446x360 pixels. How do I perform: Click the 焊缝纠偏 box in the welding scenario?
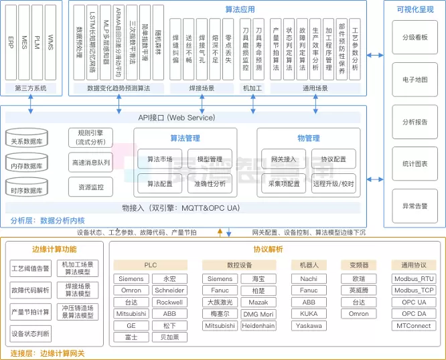[175, 50]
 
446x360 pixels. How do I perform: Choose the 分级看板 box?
[415, 37]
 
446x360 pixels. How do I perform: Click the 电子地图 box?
[415, 80]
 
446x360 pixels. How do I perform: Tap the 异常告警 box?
[415, 206]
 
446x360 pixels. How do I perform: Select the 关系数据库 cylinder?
[27, 141]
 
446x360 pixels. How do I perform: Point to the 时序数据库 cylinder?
[27, 189]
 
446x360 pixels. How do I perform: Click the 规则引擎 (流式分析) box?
[91, 137]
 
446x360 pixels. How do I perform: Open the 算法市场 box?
[159, 159]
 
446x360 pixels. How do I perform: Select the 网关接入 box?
[283, 159]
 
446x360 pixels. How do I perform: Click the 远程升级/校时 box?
[333, 183]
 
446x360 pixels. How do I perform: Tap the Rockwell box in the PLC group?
[169, 302]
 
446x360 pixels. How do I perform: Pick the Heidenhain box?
[258, 325]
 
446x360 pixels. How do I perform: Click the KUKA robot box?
[309, 313]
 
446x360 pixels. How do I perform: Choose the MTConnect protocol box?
[413, 325]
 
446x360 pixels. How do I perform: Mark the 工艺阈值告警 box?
[31, 270]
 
